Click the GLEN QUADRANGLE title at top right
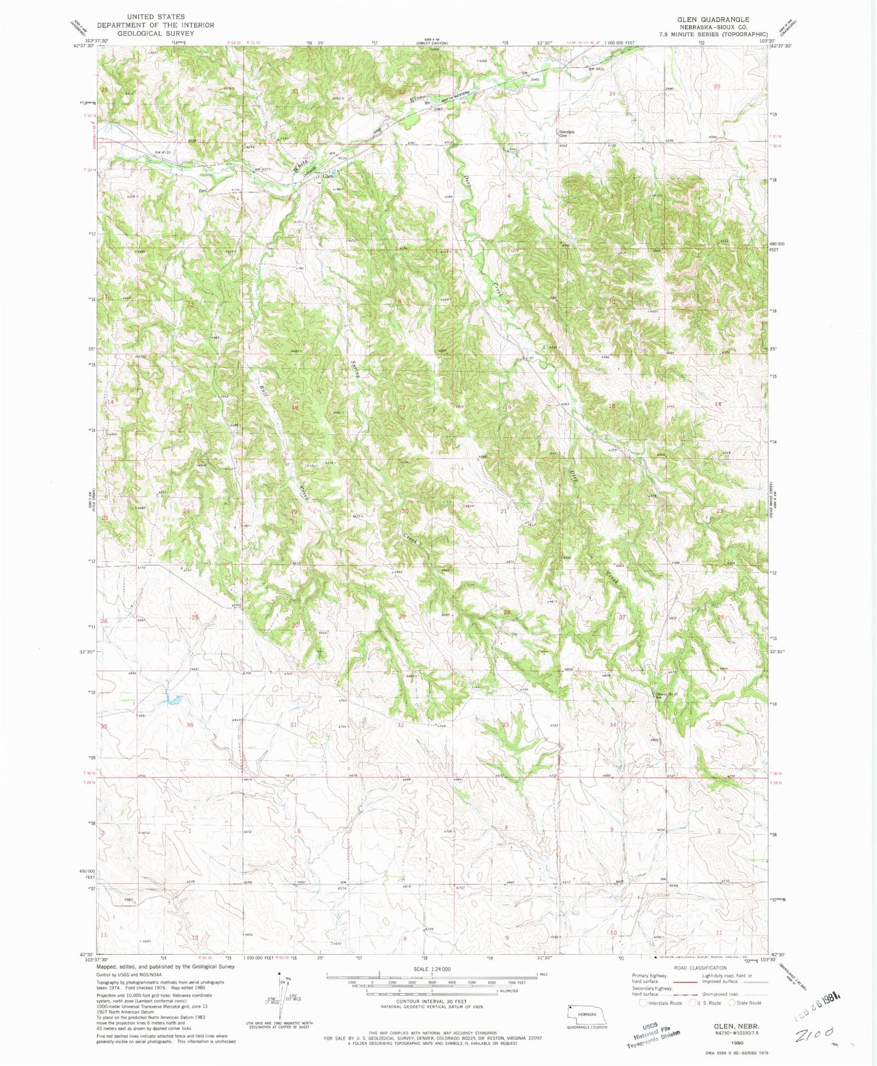[x=713, y=19]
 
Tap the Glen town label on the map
[x=328, y=177]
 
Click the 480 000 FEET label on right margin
[x=778, y=246]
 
